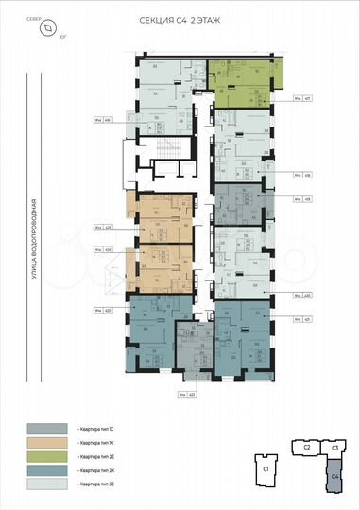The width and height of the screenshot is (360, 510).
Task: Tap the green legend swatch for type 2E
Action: click(48, 455)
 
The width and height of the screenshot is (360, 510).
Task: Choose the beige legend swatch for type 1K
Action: click(48, 441)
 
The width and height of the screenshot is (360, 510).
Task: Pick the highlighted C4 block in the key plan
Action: click(335, 478)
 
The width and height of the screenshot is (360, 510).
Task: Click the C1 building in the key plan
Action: click(266, 468)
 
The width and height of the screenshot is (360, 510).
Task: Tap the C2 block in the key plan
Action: click(307, 448)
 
